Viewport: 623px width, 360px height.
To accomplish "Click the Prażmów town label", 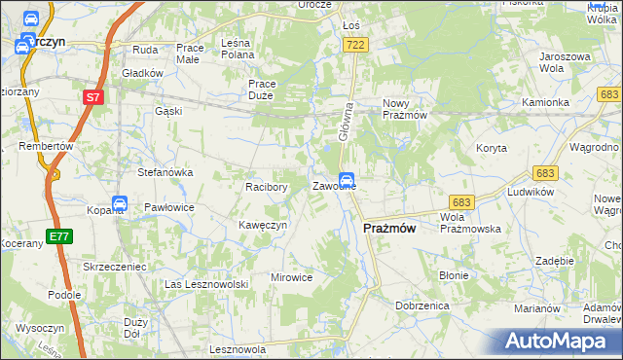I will click(x=389, y=228).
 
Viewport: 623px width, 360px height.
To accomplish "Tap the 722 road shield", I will click(x=356, y=45).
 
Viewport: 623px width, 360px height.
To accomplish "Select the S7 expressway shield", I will click(x=92, y=97).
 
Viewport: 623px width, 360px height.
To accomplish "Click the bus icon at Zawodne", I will click(x=346, y=180).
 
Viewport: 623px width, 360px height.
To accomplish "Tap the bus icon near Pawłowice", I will click(x=120, y=204).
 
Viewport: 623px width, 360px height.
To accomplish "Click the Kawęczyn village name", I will click(x=262, y=225).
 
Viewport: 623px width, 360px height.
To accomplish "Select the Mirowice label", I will click(x=291, y=277).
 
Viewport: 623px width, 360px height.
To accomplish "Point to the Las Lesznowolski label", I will click(x=207, y=283).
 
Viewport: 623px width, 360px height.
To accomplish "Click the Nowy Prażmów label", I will click(x=405, y=109).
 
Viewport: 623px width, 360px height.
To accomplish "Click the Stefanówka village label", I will click(x=165, y=172).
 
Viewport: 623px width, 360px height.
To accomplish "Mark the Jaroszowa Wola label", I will click(x=565, y=63).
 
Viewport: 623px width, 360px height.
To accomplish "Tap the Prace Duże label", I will click(x=262, y=90).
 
